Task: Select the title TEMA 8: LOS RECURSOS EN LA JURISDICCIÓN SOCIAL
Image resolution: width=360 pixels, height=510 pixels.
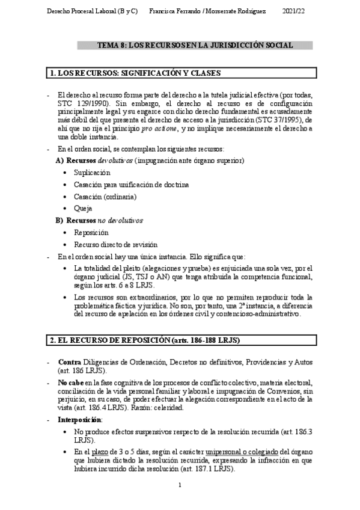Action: (x=195, y=45)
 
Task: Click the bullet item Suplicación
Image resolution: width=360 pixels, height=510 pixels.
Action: (x=92, y=173)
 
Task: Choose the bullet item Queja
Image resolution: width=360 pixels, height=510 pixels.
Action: (x=84, y=208)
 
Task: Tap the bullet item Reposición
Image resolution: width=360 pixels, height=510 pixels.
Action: (x=91, y=232)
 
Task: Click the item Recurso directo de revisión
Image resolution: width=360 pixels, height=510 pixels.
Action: (x=115, y=244)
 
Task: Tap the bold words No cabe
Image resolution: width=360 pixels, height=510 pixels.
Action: (x=71, y=384)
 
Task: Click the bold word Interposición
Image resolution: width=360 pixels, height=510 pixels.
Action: (x=79, y=419)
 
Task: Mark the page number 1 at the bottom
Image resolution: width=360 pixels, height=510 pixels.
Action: (x=180, y=485)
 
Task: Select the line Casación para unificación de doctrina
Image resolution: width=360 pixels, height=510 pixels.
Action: (x=131, y=184)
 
